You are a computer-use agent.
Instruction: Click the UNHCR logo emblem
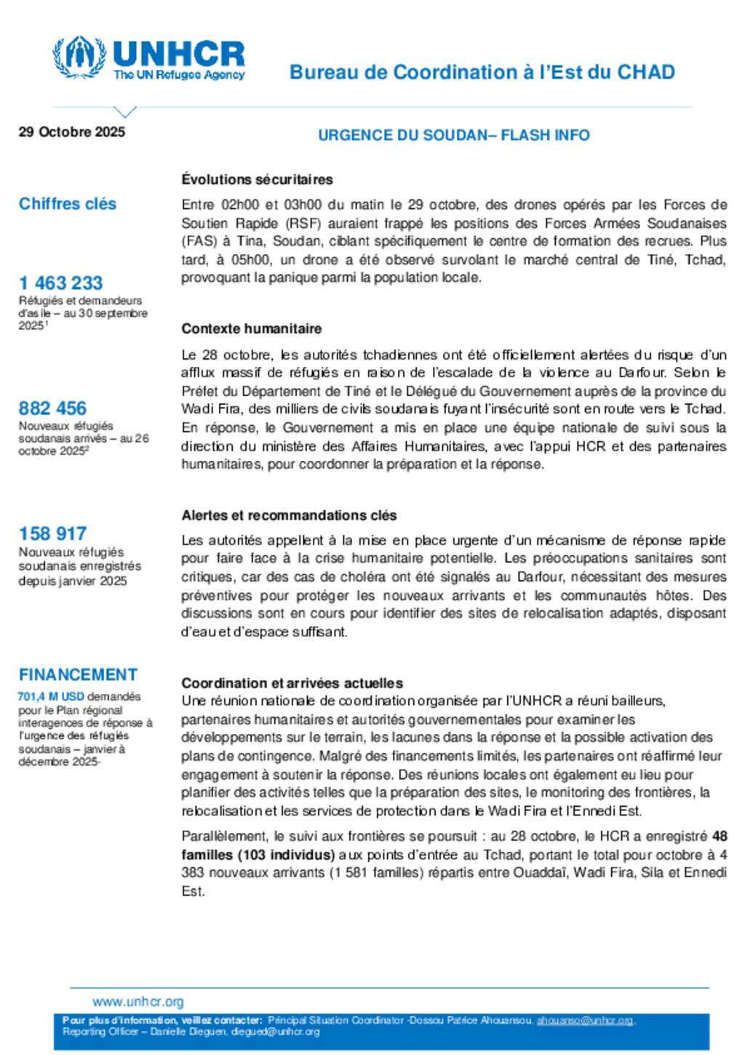[79, 57]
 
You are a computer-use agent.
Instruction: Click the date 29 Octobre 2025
[72, 132]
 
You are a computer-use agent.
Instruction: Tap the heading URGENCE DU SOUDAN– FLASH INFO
[453, 135]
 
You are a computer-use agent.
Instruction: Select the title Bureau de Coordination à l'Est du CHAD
[482, 72]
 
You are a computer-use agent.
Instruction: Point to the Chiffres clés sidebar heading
[68, 204]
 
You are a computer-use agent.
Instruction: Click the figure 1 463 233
[61, 282]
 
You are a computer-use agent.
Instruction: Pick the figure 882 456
[52, 408]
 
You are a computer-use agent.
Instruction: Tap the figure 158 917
[52, 534]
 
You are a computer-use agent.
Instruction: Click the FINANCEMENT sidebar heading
[78, 675]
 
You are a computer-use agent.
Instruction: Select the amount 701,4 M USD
[51, 697]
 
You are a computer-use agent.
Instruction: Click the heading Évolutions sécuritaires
[257, 179]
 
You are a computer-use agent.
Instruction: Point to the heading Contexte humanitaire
[251, 328]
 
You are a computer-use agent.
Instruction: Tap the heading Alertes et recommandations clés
[289, 515]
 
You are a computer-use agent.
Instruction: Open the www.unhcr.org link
[138, 1002]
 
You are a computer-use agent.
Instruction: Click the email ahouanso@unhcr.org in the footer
[584, 1021]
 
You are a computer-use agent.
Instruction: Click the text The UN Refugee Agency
[179, 75]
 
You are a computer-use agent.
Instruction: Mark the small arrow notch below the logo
[125, 112]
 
